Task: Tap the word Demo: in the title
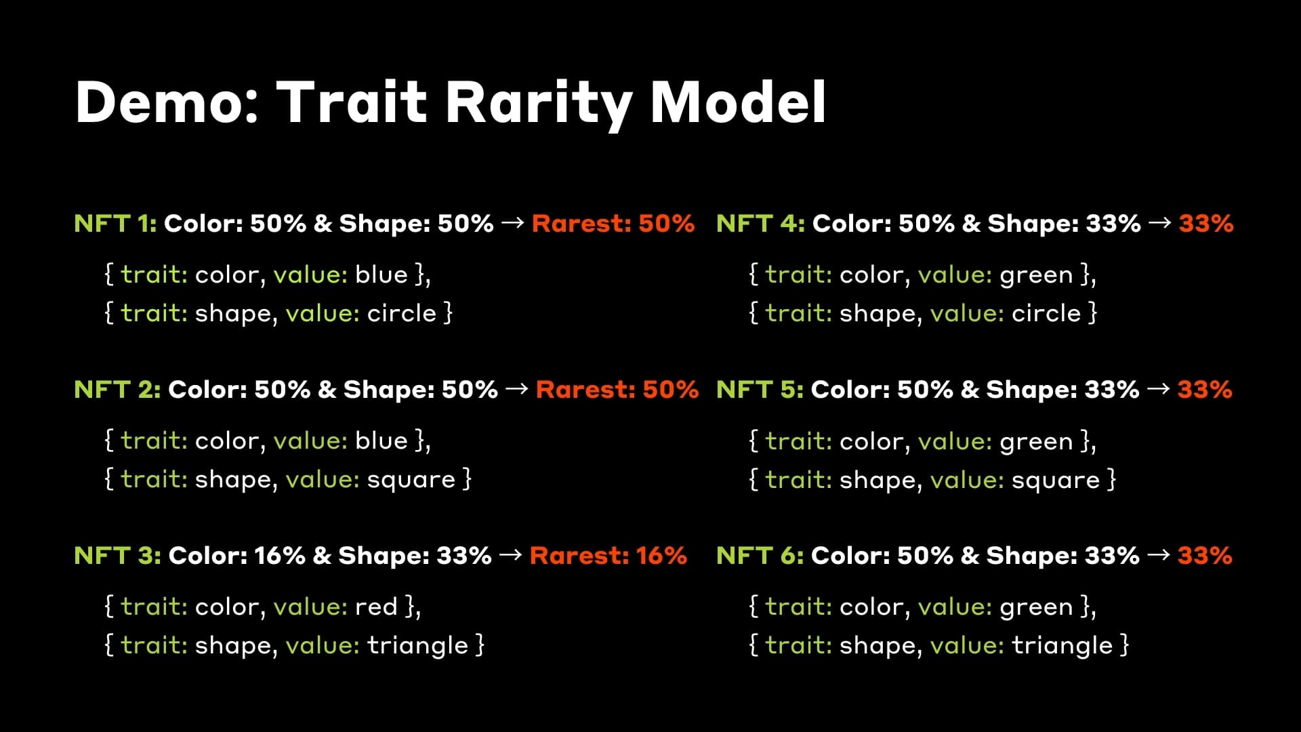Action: [167, 103]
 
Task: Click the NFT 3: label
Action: [117, 556]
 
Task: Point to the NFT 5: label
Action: [760, 390]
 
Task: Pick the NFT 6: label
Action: [760, 556]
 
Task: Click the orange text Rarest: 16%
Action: [608, 556]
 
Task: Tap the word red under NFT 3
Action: [376, 607]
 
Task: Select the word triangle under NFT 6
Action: [1062, 646]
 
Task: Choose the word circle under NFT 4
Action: [1046, 314]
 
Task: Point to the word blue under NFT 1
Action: [381, 275]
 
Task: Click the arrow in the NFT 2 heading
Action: [516, 389]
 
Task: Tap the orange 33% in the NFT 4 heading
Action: [1205, 224]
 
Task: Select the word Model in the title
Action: [738, 103]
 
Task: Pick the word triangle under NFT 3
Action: [417, 646]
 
